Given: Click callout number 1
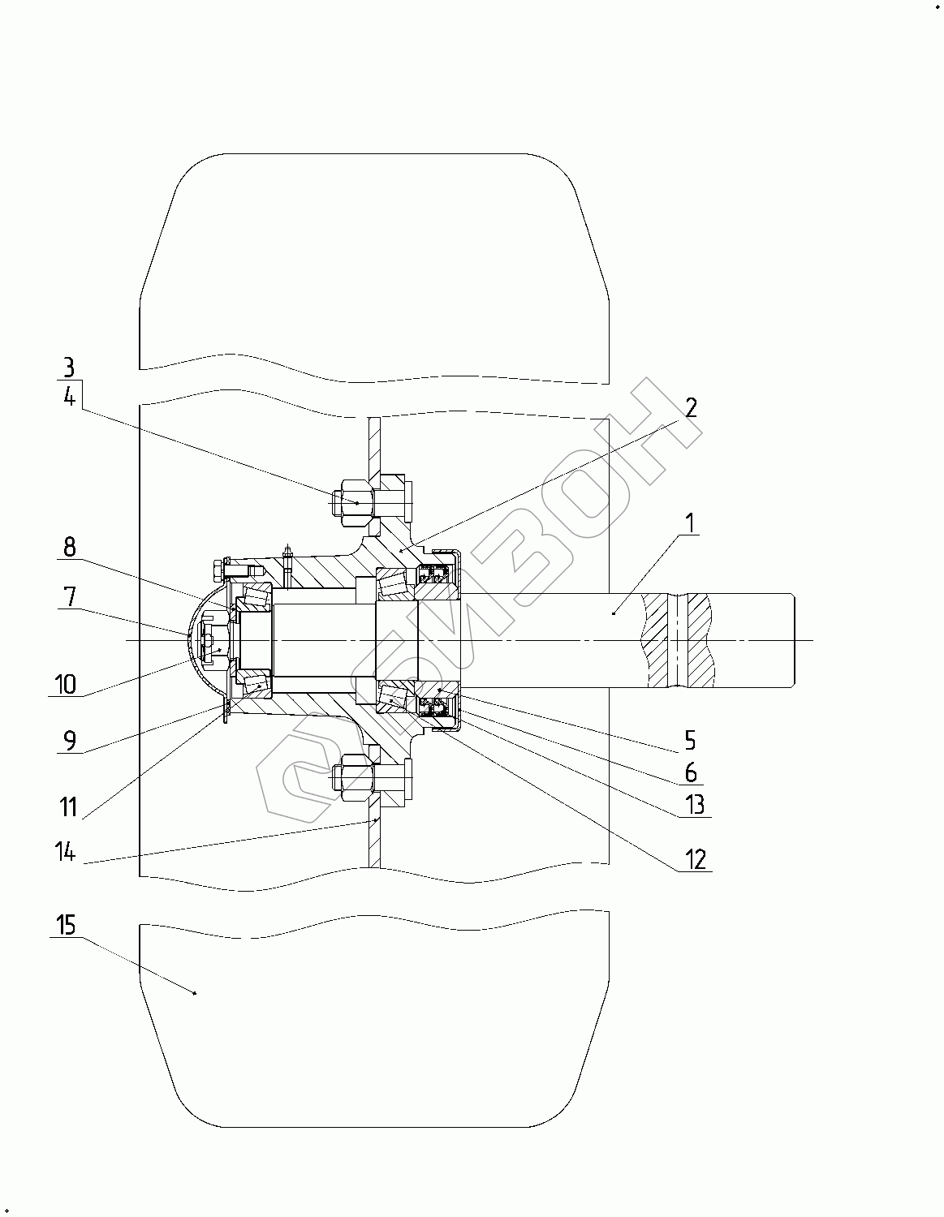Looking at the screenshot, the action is [690, 522].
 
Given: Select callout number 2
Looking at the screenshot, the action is [692, 408].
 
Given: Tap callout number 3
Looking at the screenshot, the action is [69, 368].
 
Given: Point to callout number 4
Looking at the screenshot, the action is [69, 397].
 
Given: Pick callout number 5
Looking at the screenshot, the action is [690, 741].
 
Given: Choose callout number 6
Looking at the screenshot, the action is [691, 773].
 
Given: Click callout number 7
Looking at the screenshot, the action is [70, 596].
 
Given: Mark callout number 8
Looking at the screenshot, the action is [70, 547].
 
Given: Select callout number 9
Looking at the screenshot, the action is [70, 741].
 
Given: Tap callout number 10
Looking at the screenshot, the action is [66, 684].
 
